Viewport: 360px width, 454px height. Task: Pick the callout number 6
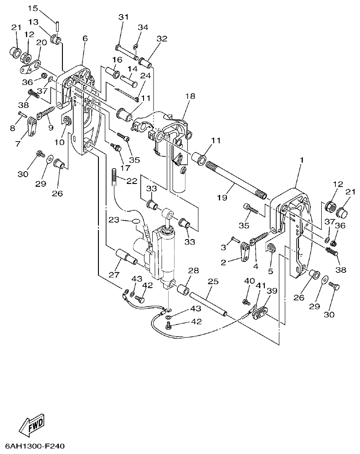[85, 39]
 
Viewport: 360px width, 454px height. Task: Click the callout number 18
[190, 96]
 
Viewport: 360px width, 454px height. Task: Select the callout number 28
[193, 270]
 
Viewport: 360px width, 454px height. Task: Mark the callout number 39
[272, 291]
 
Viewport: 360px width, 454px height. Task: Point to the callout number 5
[271, 272]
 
